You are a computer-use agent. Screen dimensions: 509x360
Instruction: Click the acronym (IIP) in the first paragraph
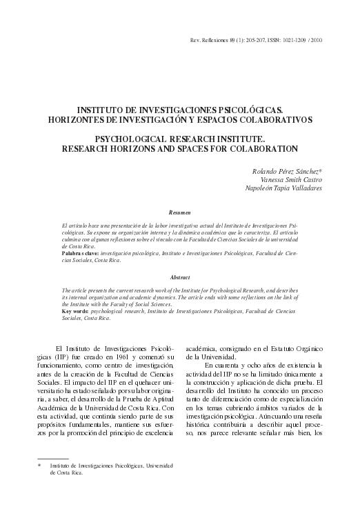(x=55, y=358)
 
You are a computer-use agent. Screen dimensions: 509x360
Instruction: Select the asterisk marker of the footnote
(x=39, y=467)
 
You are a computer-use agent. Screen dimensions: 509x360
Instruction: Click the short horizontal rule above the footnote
(x=53, y=458)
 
